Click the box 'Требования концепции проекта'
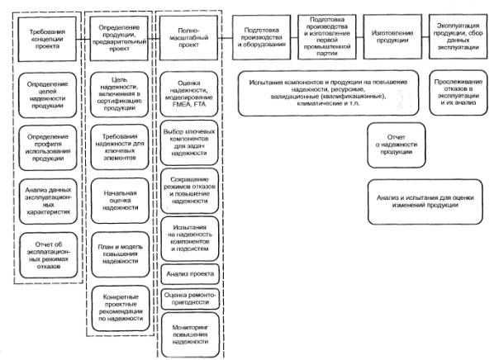pos(46,37)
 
